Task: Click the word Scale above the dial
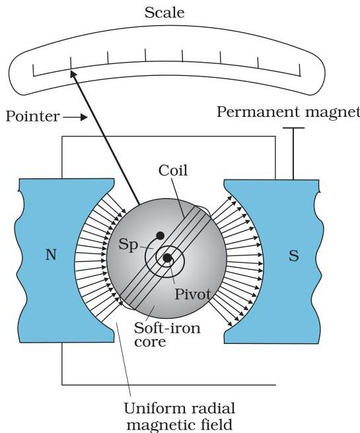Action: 164,13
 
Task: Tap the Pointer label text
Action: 32,116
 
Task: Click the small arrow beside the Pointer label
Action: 75,117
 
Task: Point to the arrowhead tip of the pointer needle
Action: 71,71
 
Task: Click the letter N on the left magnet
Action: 51,255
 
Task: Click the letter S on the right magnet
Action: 294,255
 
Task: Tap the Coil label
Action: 173,170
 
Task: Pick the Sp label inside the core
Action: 128,245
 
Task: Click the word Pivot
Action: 193,294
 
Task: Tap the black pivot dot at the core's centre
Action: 167,258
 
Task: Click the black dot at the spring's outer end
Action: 161,236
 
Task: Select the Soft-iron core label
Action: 167,335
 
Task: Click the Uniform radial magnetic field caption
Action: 179,417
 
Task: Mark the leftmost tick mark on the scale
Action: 34,70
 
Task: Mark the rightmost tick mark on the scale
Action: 300,70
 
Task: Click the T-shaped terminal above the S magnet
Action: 293,154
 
